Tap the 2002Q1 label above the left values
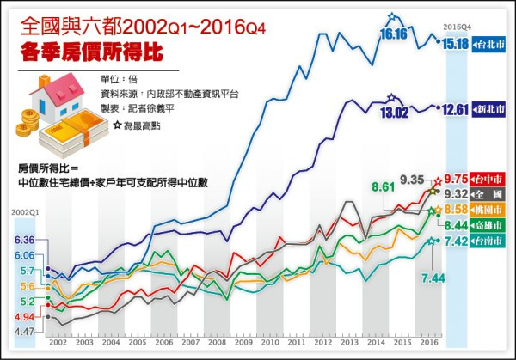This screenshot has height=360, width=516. coord(24,211)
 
